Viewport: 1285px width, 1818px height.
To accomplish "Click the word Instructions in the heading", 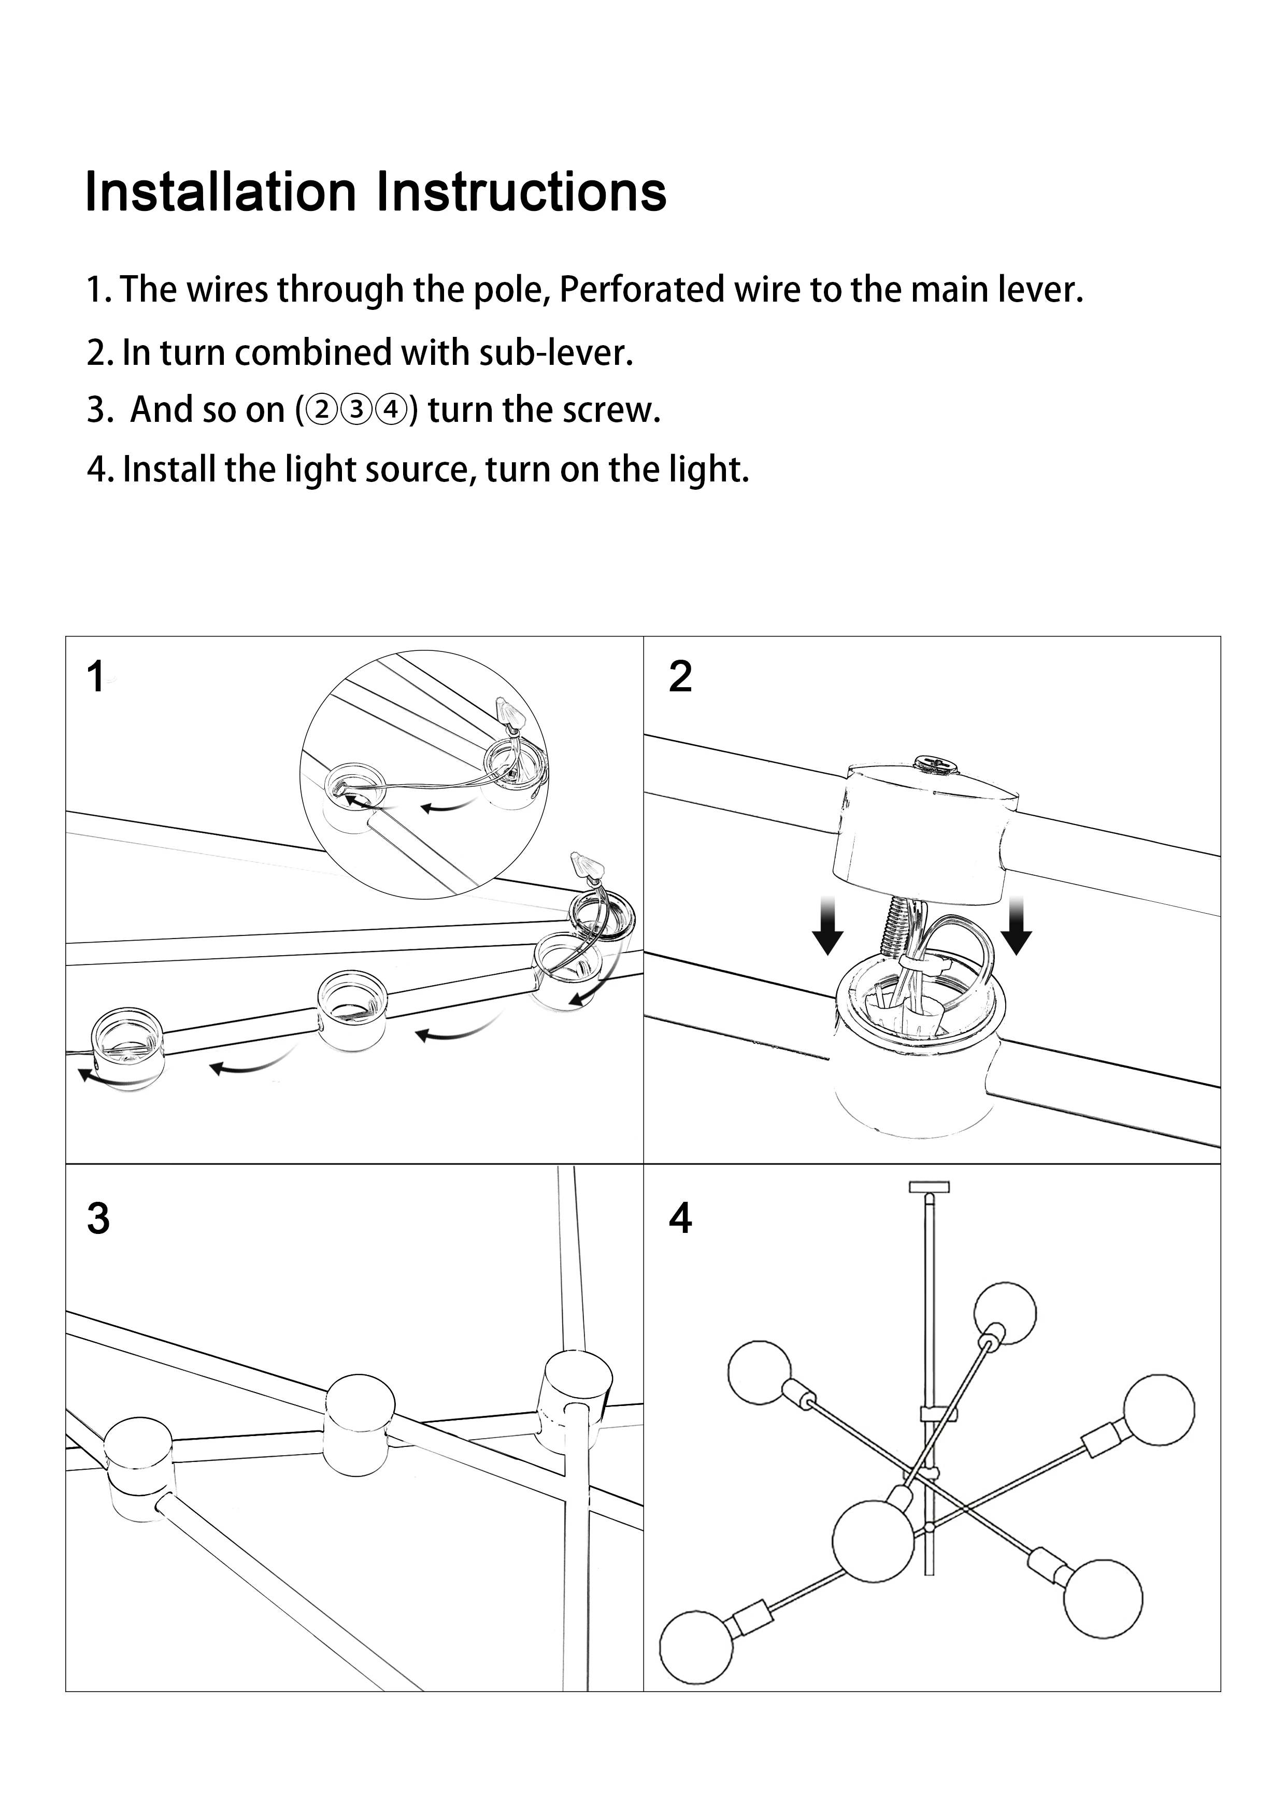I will pyautogui.click(x=521, y=192).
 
